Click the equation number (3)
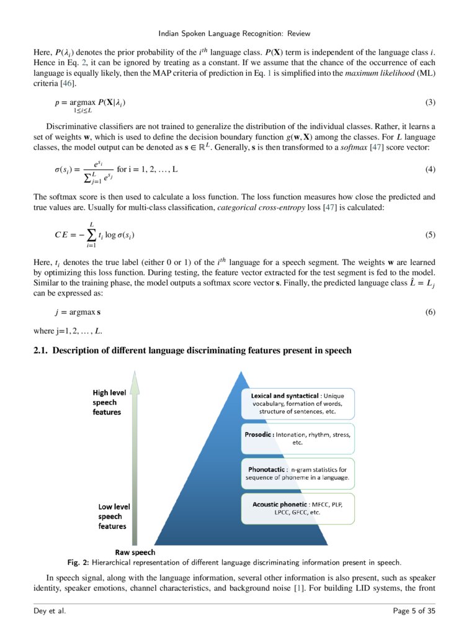430,102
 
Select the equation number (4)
430,169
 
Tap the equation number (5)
430,235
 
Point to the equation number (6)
430,312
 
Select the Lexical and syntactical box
297,403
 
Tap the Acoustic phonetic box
297,508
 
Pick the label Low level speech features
112,516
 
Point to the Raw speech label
135,552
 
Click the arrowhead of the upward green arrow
135,380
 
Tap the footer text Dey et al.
50,612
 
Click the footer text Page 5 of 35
414,612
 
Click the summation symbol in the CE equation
91,235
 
